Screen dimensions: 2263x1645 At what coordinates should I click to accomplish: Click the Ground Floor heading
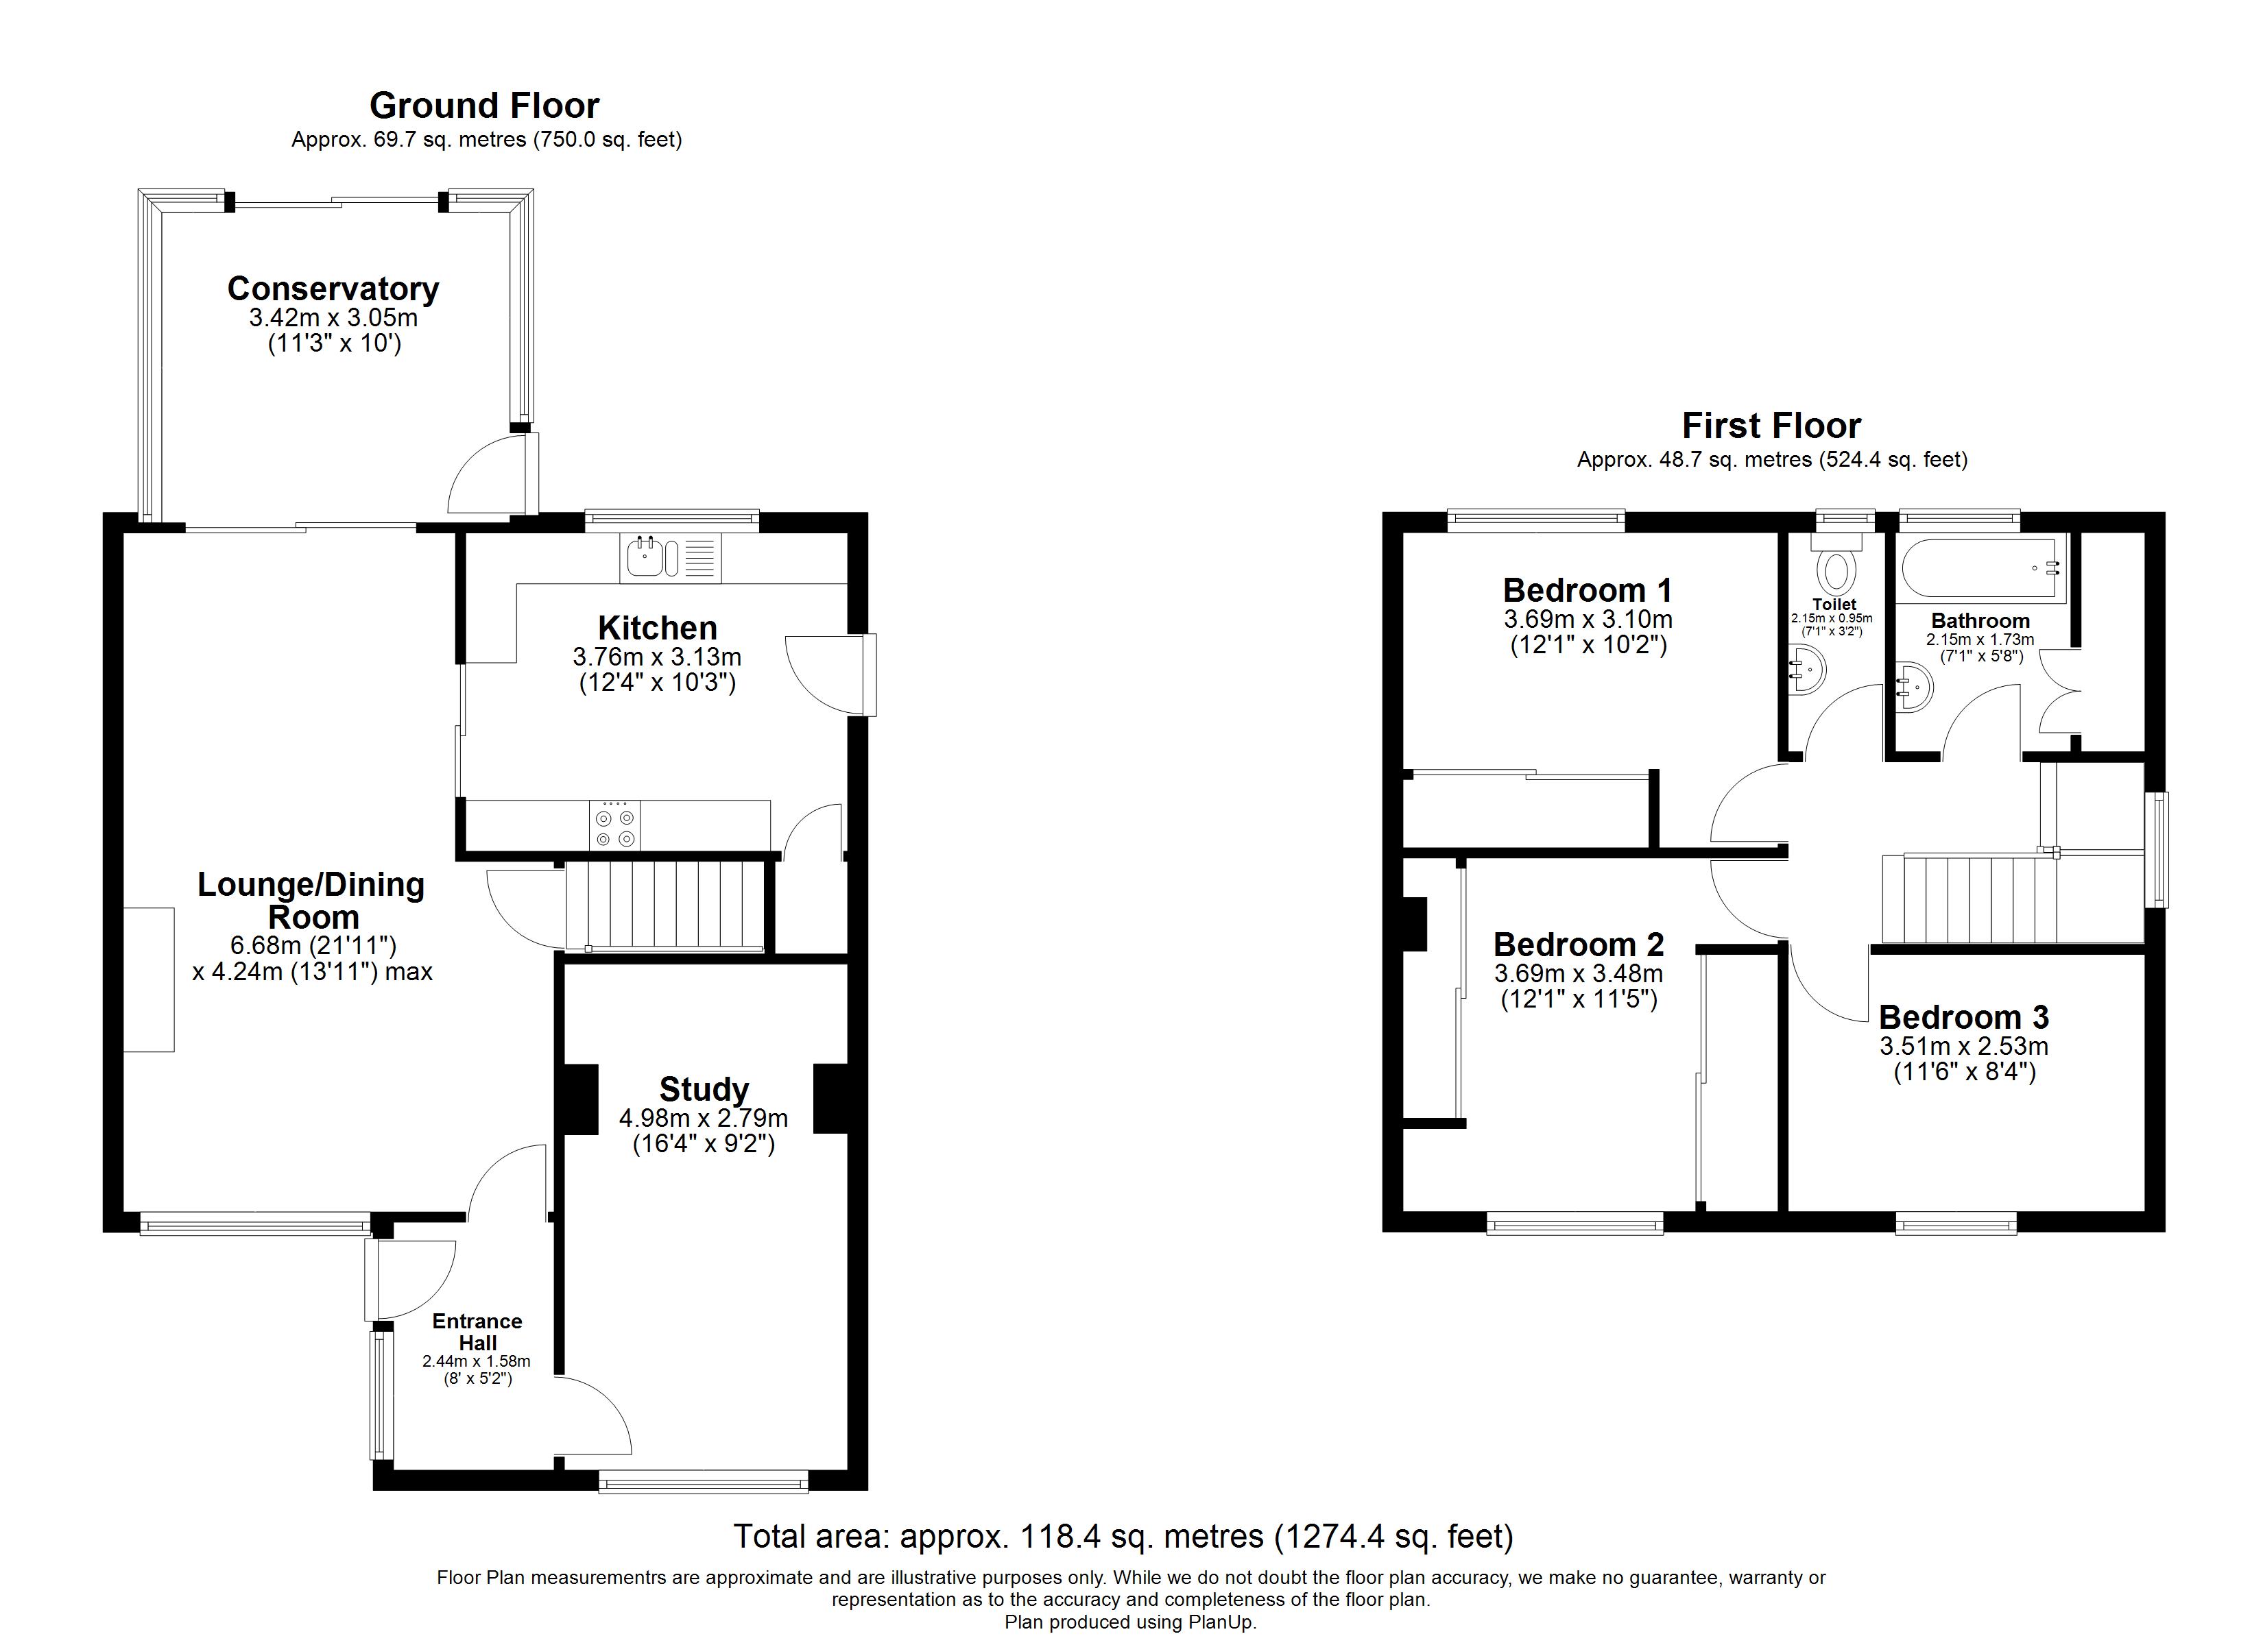(484, 106)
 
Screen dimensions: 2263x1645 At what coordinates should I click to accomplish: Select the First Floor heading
(1771, 426)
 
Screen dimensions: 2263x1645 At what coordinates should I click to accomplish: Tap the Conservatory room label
(333, 289)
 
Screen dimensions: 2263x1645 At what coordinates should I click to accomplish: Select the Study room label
(704, 1089)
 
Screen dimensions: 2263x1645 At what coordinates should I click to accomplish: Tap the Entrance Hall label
(477, 1332)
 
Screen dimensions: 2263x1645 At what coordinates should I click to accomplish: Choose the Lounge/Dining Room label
(311, 900)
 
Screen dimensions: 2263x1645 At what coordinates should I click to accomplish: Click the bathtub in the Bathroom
(1980, 569)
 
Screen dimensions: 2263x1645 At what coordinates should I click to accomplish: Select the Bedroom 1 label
(1588, 591)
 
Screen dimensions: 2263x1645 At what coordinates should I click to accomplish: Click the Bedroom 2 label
(1579, 945)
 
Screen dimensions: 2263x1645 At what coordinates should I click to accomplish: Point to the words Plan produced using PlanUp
(1131, 1622)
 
